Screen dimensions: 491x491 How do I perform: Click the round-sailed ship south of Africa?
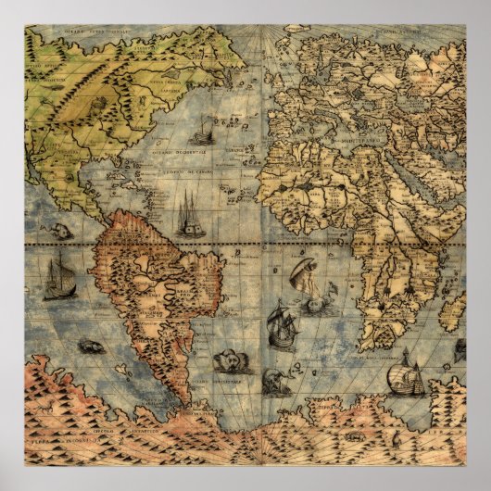pos(407,375)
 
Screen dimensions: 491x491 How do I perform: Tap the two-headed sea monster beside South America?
pos(226,360)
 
